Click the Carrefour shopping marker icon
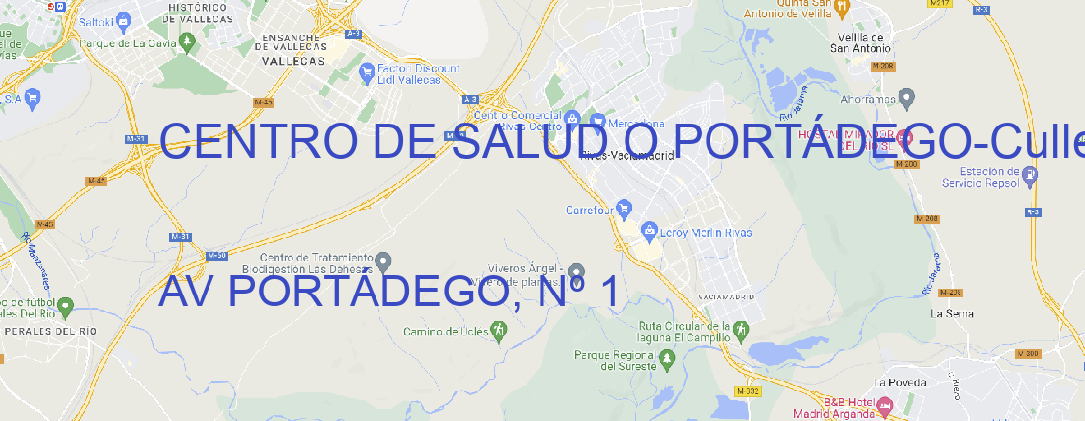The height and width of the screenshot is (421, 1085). tap(626, 210)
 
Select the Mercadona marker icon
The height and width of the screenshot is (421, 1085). tap(598, 121)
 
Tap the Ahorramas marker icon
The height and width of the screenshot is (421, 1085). tap(907, 97)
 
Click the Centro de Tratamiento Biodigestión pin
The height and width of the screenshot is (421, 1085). tap(384, 261)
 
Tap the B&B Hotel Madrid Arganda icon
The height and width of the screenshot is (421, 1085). tap(885, 405)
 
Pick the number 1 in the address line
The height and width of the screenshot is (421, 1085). tap(608, 293)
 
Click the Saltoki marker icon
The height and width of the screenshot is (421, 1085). tap(123, 20)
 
